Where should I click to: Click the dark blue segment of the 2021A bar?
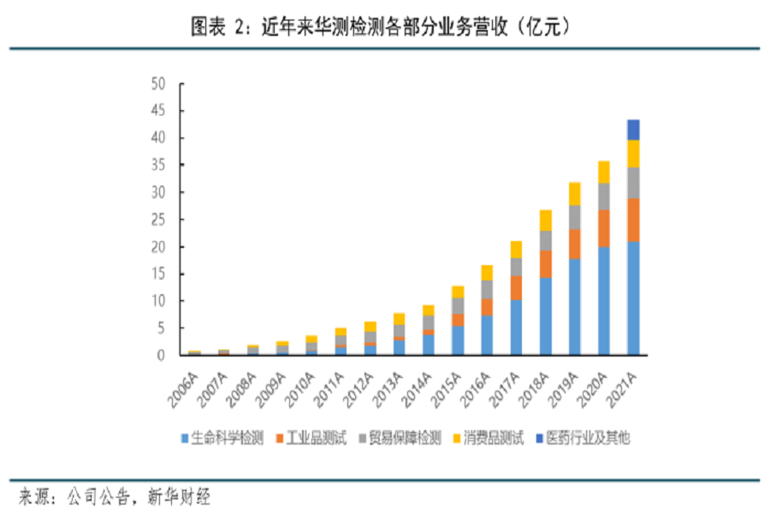point(633,130)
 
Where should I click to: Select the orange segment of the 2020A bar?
point(604,228)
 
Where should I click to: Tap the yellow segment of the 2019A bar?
point(575,194)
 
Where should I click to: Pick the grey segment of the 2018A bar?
point(546,240)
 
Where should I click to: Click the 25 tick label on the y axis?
point(157,220)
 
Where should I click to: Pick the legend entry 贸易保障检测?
point(406,439)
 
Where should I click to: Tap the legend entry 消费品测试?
point(495,439)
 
